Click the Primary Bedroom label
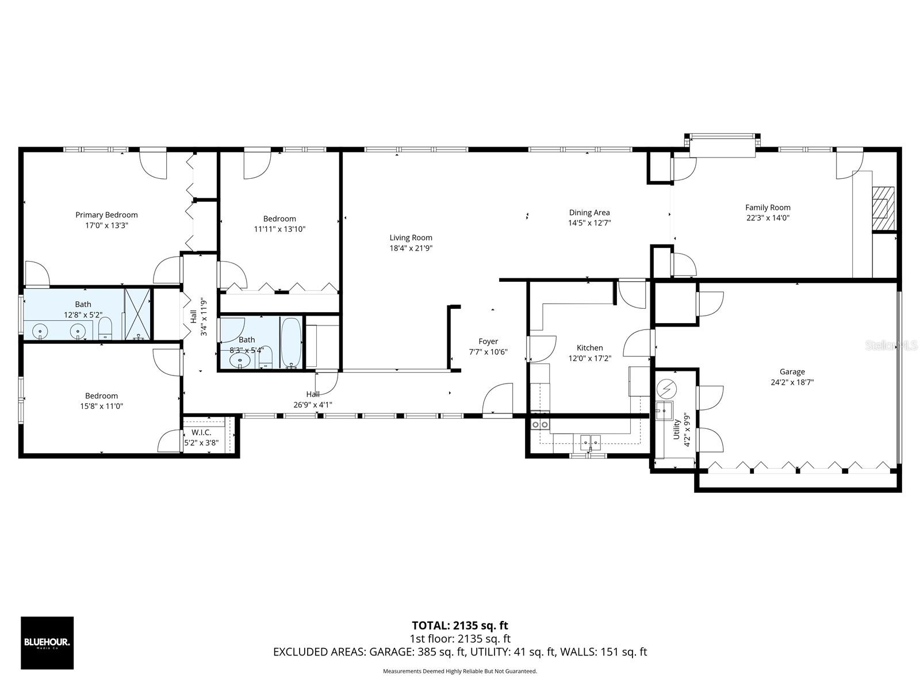[106, 215]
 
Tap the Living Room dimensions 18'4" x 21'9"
[411, 248]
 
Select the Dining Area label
[589, 213]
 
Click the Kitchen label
[589, 348]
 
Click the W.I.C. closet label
[201, 432]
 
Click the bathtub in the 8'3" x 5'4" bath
[291, 343]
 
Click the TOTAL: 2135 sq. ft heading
[459, 626]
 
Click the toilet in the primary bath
[105, 329]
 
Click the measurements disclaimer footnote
[459, 671]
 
